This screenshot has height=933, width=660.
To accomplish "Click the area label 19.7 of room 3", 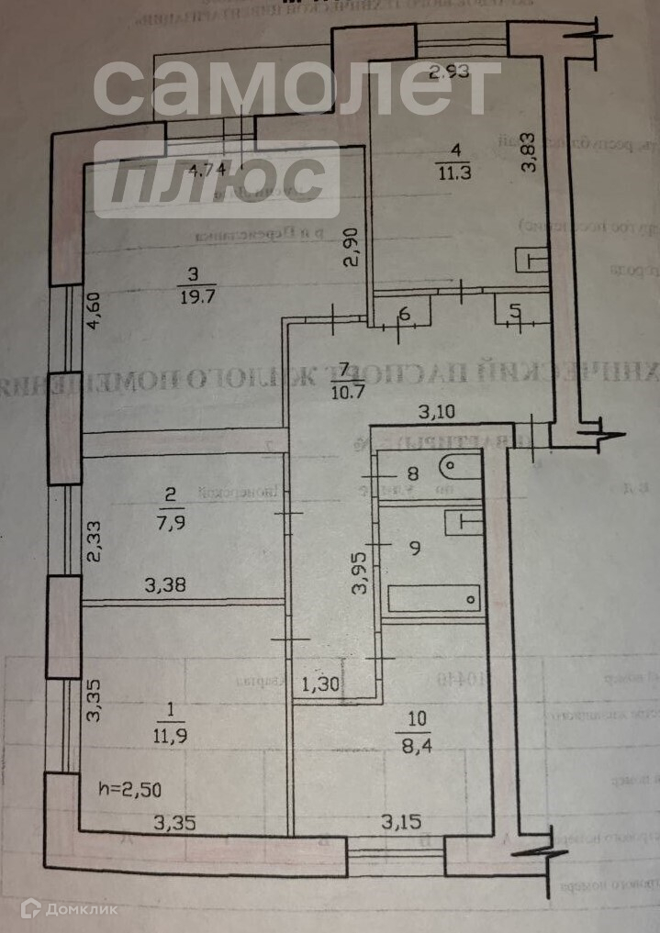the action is click(192, 296).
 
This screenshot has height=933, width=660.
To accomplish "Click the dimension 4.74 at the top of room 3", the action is click(204, 170).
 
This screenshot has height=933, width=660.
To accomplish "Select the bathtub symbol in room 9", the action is click(434, 600).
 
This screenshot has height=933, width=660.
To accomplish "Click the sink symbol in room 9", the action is click(466, 522).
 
